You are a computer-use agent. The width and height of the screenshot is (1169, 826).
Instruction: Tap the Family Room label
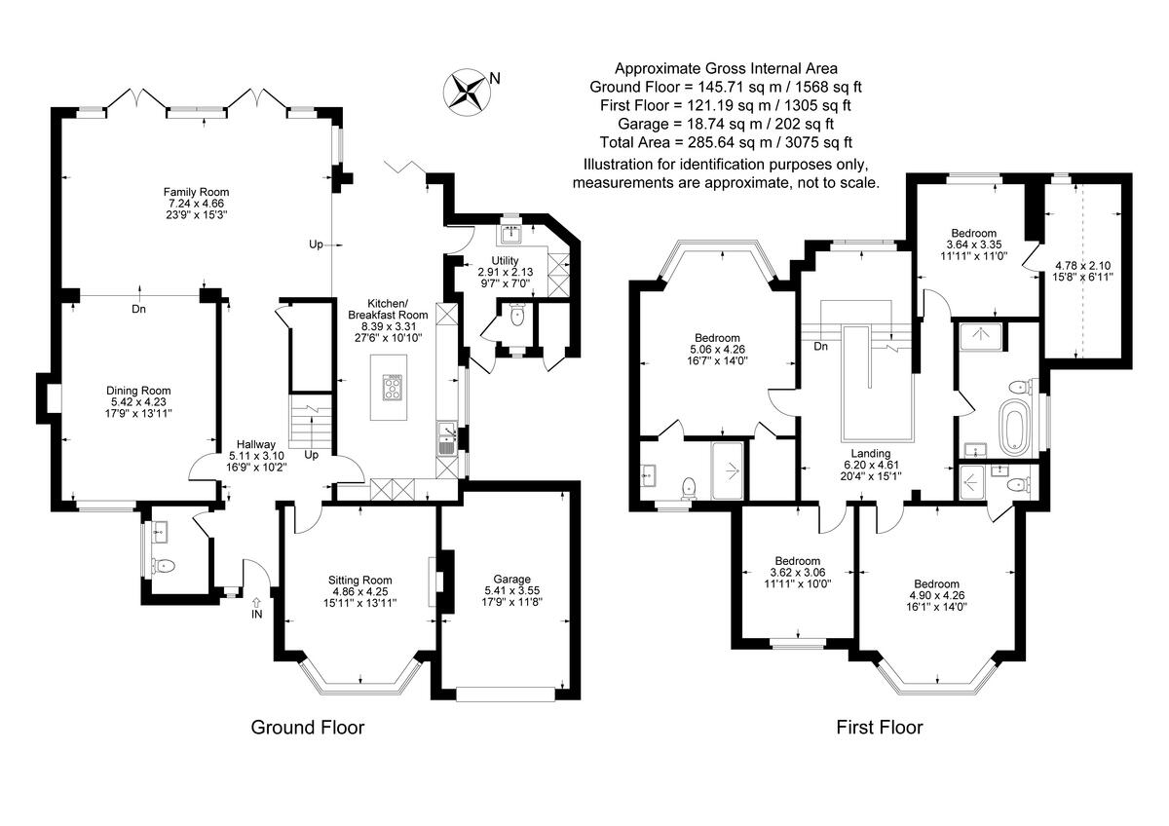[x=196, y=203]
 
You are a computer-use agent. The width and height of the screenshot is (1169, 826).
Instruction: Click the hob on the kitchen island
[x=393, y=389]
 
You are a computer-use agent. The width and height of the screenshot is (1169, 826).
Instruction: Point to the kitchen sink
[x=446, y=441]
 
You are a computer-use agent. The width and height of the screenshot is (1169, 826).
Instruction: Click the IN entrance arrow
[x=256, y=607]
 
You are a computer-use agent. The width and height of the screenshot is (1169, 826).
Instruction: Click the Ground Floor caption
[x=308, y=727]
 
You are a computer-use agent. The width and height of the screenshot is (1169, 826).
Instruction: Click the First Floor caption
[x=880, y=727]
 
